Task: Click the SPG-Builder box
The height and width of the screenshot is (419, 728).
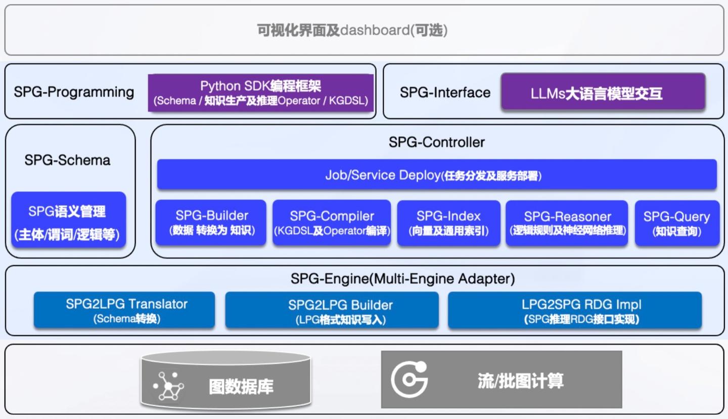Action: click(x=211, y=223)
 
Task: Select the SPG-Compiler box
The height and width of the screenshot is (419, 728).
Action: click(x=332, y=223)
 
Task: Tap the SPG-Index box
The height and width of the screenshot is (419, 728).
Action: click(x=448, y=223)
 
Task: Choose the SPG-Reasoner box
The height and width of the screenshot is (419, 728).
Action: click(x=567, y=223)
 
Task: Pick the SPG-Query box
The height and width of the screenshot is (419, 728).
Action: click(x=676, y=223)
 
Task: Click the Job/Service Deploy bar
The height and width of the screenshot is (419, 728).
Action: click(x=436, y=175)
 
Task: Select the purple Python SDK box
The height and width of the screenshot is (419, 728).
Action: click(x=260, y=93)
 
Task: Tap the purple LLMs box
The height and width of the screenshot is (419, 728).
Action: click(x=603, y=93)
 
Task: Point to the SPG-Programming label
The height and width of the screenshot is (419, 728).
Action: click(x=74, y=92)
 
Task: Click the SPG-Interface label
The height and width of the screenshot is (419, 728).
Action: click(x=445, y=93)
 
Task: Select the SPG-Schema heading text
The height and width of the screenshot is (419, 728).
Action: click(x=67, y=160)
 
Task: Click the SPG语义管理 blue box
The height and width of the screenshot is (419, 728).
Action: click(x=68, y=220)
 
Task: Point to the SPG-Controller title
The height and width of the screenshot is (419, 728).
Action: click(x=436, y=142)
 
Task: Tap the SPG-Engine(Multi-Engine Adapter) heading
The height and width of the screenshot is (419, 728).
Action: click(x=402, y=279)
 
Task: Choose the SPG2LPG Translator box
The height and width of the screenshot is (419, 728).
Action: click(x=124, y=310)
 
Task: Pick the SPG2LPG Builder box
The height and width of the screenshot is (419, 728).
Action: click(x=332, y=310)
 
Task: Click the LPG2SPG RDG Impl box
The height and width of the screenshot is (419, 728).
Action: click(x=575, y=310)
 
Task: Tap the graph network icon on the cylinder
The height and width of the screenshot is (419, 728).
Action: click(x=169, y=386)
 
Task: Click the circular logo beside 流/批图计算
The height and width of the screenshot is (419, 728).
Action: click(x=409, y=379)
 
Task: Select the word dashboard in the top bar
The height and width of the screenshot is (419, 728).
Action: click(x=374, y=30)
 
